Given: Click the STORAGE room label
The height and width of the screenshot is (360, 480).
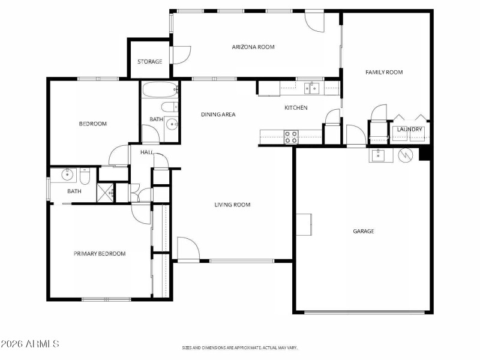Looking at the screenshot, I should [149, 62].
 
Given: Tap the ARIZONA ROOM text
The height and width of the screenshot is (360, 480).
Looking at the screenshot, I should [253, 47].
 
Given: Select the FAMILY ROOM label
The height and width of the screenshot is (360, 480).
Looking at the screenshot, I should [384, 72].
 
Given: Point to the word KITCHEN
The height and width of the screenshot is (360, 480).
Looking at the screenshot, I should [296, 108].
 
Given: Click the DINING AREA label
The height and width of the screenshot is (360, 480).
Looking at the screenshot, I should [218, 115].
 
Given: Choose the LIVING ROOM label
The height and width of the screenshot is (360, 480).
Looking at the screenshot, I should [232, 205].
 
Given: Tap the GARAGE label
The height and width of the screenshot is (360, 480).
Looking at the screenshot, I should [364, 231].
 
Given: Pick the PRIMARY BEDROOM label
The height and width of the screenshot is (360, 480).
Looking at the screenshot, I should [100, 254].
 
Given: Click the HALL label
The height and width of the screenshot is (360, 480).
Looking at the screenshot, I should [147, 152].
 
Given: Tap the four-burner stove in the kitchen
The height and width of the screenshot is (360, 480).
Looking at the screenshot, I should [291, 137].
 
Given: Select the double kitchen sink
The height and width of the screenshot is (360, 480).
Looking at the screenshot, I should [311, 88].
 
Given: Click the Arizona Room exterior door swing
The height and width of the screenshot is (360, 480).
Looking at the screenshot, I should [314, 22].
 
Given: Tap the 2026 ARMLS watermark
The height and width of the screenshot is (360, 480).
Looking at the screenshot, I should [30, 344].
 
